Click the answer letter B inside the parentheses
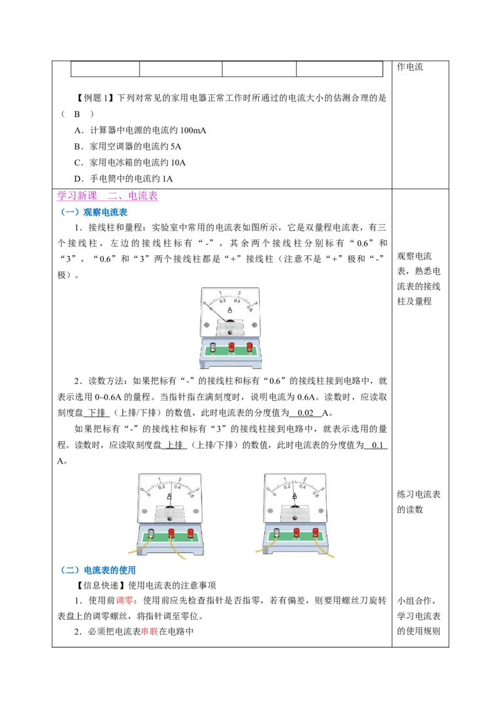tap(77, 114)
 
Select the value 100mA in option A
tap(193, 131)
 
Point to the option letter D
tap(78, 179)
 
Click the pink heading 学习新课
tap(77, 196)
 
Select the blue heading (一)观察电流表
tap(94, 212)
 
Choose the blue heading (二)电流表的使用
tap(98, 570)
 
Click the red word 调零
tap(125, 600)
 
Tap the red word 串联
tap(150, 631)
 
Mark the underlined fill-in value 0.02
tap(305, 413)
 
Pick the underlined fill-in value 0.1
tap(377, 445)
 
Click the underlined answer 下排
tap(96, 413)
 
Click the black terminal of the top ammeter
tap(212, 347)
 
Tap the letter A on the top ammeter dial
tap(230, 310)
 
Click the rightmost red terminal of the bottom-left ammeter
tap(190, 534)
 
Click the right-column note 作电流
tap(410, 67)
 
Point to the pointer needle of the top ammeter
tap(217, 311)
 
